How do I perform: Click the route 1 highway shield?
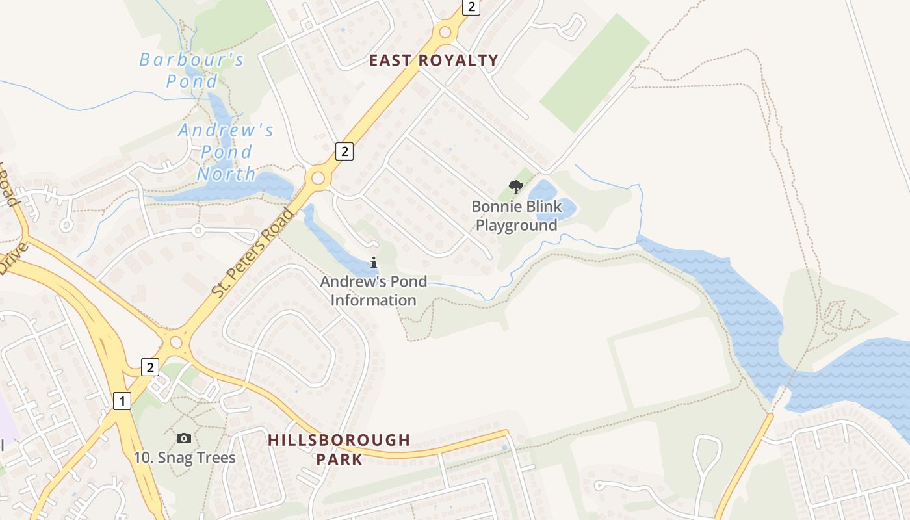(122, 401)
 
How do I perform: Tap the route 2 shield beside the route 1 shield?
(150, 367)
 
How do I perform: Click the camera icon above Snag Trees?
(184, 439)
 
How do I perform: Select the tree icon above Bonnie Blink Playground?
(516, 188)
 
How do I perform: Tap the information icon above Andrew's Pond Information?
(374, 263)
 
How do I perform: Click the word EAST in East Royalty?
(390, 60)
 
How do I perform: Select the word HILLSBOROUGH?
(339, 440)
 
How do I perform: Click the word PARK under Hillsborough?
(339, 460)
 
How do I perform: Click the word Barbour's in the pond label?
(192, 60)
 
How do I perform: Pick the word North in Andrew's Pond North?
(227, 174)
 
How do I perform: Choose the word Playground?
(517, 226)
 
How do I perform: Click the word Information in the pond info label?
(374, 300)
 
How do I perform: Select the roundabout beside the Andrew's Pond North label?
(318, 177)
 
